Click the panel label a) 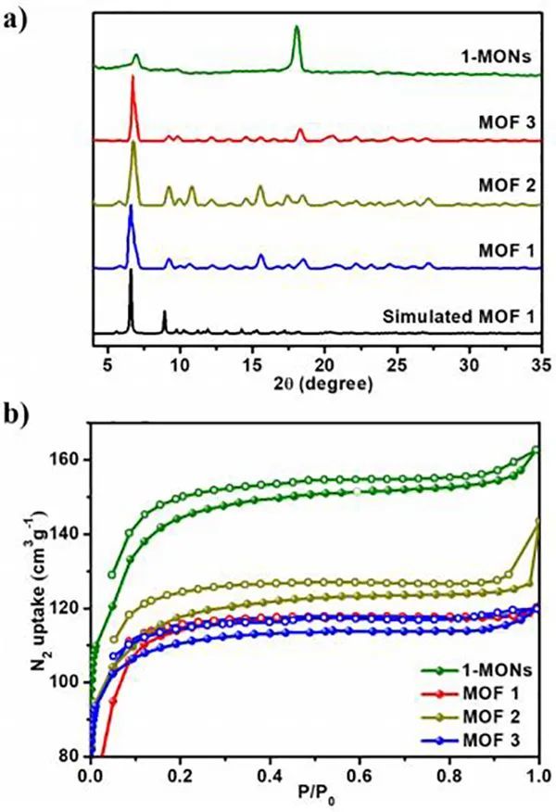[x=19, y=19]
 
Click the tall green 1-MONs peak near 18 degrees [x=297, y=30]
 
